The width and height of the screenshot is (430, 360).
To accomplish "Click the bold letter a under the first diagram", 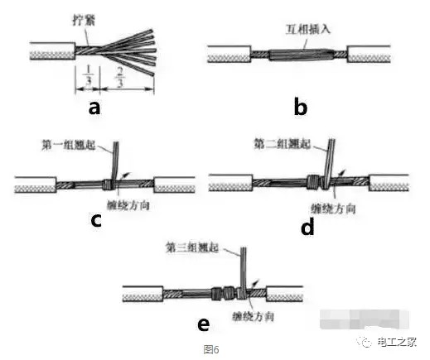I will [x=94, y=108].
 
